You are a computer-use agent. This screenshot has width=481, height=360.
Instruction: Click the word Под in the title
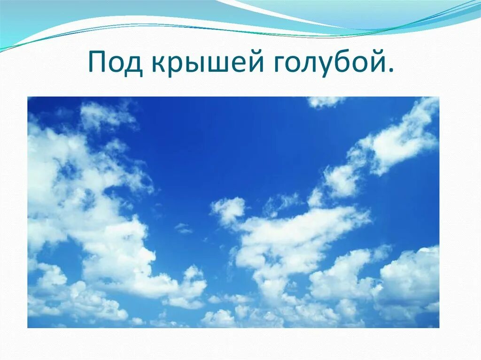point(115,63)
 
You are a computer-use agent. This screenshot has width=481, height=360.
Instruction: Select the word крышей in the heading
point(206,63)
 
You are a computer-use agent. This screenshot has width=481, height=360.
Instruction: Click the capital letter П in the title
point(97,62)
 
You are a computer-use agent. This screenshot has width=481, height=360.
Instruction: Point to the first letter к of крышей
point(158,65)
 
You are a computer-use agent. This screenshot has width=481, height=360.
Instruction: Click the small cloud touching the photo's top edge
point(325,101)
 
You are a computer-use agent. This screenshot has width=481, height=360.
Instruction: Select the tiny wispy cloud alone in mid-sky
point(183,229)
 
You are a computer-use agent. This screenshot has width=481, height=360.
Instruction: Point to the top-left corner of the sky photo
point(28,97)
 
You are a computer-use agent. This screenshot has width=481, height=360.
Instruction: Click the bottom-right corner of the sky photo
point(439,327)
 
